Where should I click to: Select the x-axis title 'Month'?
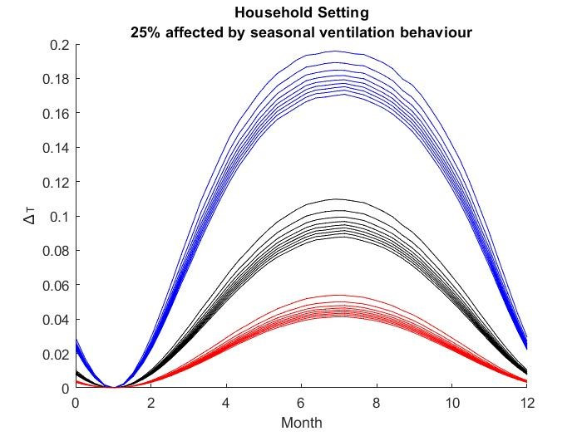click(x=301, y=423)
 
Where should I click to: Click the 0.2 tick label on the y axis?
click(x=58, y=44)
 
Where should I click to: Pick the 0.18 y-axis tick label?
click(x=55, y=79)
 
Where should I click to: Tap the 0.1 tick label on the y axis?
click(x=58, y=217)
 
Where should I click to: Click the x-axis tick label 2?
click(x=150, y=403)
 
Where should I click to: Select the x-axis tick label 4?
click(x=226, y=403)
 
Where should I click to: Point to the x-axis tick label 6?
click(x=301, y=403)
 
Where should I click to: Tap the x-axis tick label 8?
click(x=377, y=403)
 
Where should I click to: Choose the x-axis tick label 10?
click(x=451, y=403)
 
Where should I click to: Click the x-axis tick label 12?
click(x=526, y=403)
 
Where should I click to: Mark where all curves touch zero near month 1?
click(x=113, y=387)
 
